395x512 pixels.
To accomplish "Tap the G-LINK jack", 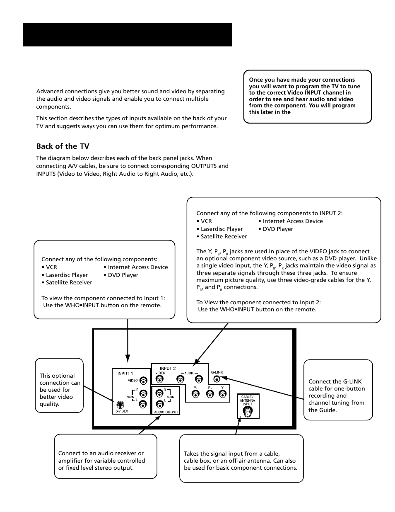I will point(217,379).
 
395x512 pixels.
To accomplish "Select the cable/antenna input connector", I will point(248,412).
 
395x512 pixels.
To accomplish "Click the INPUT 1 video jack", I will point(143,381).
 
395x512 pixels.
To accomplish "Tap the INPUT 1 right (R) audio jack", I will point(143,394).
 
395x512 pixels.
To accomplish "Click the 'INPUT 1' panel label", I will point(125,374).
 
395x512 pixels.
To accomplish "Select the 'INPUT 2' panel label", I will point(168,368).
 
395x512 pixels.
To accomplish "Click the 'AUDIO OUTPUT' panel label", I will point(166,412).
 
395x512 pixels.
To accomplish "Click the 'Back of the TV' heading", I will point(63,146).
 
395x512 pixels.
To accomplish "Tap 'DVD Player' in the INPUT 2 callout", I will point(278,229).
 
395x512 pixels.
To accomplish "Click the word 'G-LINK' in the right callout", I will point(352,381).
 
